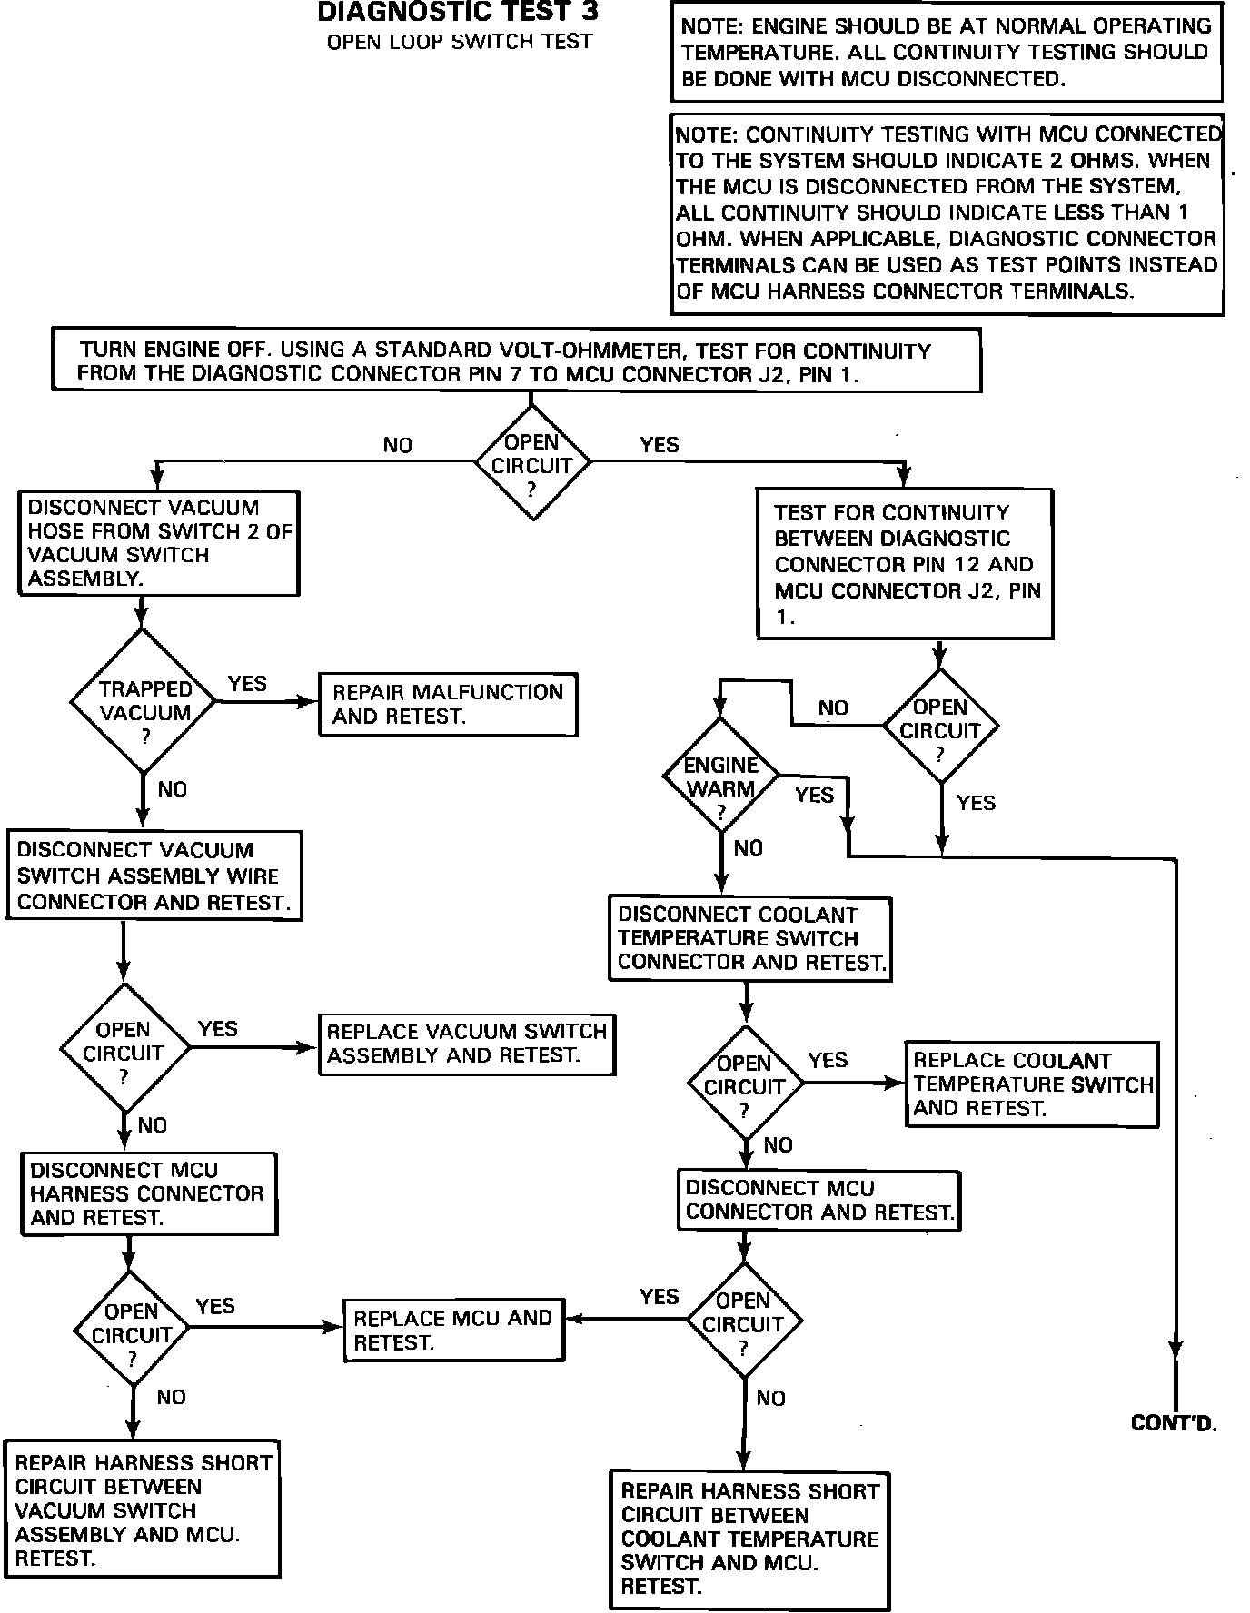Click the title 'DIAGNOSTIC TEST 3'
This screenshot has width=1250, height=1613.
[458, 12]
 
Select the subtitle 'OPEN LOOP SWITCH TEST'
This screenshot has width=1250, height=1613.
[460, 42]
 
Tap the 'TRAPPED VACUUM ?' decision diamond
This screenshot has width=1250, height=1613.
[144, 702]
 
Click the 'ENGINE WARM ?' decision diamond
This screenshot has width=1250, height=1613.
[720, 776]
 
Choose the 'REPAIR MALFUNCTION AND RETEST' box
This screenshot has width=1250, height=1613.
[448, 704]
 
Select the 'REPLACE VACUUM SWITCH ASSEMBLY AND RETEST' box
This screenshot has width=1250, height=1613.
[467, 1044]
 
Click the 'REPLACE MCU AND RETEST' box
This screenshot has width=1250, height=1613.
[453, 1330]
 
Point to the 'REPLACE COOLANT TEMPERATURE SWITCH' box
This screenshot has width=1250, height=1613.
[1032, 1084]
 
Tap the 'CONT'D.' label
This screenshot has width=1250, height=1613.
[1174, 1423]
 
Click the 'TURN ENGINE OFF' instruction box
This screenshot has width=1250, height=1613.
[516, 361]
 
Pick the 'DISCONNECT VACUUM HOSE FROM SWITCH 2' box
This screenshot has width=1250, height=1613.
[159, 543]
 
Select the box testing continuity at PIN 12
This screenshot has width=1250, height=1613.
[906, 564]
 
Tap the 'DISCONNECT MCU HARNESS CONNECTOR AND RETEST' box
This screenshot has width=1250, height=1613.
[149, 1194]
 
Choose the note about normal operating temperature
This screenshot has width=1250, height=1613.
[946, 52]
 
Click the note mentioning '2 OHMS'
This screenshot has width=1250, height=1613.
[947, 213]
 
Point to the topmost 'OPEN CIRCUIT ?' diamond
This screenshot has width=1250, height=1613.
[532, 462]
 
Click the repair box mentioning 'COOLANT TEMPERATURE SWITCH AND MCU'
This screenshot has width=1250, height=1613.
[749, 1539]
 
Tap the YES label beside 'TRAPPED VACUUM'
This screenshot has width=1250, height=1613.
[247, 683]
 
